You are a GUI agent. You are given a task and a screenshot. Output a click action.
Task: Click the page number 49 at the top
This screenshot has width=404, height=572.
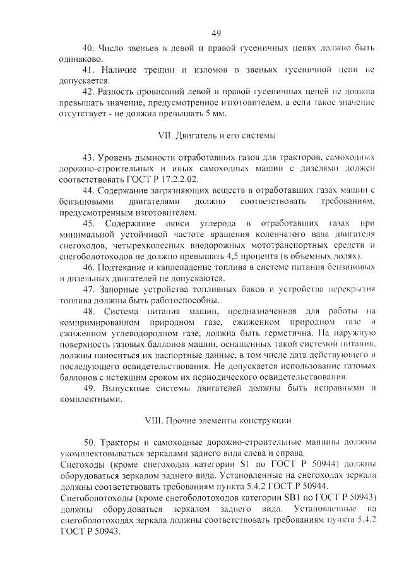pos(215,33)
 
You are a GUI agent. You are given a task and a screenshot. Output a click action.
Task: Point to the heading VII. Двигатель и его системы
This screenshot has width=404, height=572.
pos(215,135)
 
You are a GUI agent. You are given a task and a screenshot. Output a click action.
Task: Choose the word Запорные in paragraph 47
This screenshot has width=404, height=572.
pos(122,289)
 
